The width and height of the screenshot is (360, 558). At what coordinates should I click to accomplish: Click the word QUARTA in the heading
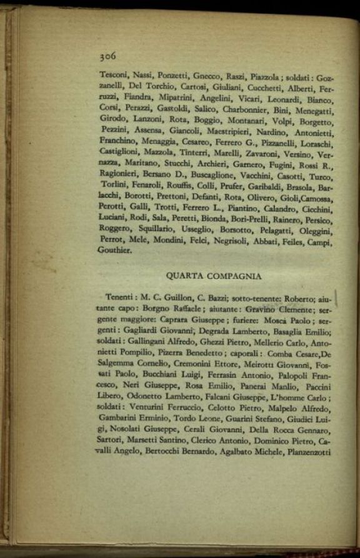click(x=186, y=275)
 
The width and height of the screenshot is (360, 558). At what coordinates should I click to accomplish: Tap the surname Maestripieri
click(x=231, y=131)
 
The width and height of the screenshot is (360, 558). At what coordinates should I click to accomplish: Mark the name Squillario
click(x=153, y=228)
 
